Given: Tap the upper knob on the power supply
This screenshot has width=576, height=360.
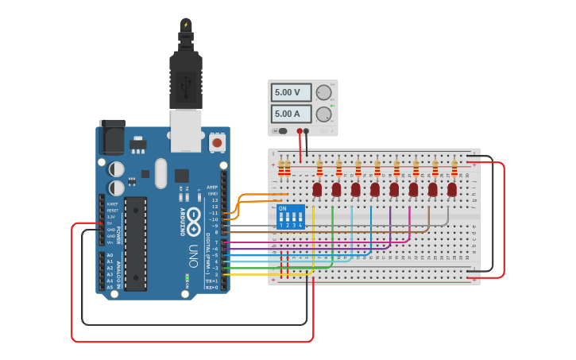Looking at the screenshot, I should click(x=323, y=93).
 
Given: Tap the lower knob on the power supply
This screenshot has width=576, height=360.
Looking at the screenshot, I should click(x=323, y=114).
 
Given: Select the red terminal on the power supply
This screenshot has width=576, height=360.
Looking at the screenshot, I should click(x=300, y=131).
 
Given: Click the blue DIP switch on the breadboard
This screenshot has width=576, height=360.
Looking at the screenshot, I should click(x=290, y=217).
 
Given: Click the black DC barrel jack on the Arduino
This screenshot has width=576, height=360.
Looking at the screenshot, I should click(x=112, y=137).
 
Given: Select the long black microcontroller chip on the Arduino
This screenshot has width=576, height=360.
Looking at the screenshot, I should click(x=135, y=243).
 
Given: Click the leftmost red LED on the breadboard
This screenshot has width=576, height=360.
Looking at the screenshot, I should click(x=317, y=189).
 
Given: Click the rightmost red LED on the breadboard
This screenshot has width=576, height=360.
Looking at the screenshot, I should click(x=452, y=189).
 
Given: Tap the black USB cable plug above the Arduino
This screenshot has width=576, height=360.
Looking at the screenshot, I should click(x=187, y=79).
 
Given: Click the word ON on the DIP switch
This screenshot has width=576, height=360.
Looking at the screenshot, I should click(x=282, y=209).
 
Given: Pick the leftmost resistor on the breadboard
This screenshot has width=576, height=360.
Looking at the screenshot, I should click(x=280, y=168).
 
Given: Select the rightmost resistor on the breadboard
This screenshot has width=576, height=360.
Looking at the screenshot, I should click(x=454, y=168).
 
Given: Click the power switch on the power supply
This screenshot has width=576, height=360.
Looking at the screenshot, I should click(x=280, y=131).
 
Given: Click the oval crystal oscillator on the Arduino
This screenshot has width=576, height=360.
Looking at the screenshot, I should click(x=161, y=172).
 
